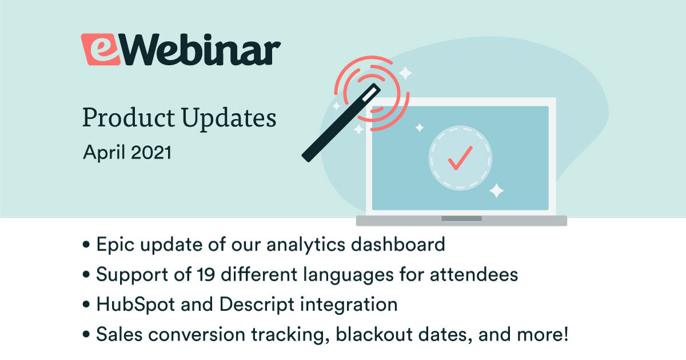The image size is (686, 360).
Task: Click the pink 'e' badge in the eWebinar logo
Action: coord(101,49)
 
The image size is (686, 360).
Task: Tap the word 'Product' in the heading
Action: coord(129,118)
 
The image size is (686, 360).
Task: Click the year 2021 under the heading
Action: coord(151,153)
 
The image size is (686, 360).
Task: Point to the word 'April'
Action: coord(104,153)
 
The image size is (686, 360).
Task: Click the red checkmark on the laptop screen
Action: coord(460,158)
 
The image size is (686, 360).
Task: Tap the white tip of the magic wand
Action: coord(371,93)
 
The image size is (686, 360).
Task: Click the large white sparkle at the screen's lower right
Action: coord(496,191)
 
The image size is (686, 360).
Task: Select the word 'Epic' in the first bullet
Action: coord(115,245)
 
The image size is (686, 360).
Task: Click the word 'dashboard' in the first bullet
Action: coord(398,245)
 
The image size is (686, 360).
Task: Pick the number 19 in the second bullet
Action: coord(206,274)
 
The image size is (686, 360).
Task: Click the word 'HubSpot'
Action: coord(135,305)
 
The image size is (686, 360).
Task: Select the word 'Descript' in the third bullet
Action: coord(257,305)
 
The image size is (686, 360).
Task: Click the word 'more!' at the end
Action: coord(543,334)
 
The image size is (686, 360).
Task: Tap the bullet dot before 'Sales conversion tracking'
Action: coord(86,334)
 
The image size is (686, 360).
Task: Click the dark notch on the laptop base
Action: coord(461,218)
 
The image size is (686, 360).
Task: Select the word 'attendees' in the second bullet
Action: coord(474,275)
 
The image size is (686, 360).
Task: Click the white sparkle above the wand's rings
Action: coord(405,73)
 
